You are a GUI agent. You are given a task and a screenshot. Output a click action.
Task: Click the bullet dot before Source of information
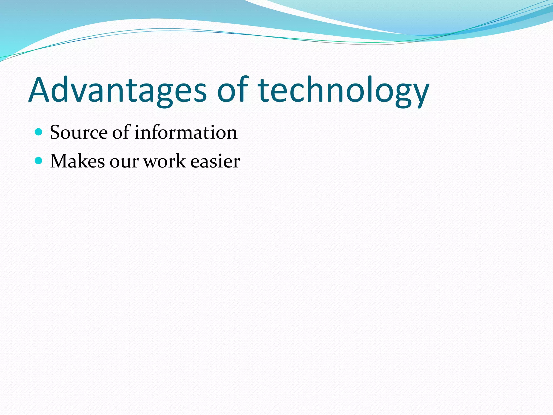click(x=39, y=132)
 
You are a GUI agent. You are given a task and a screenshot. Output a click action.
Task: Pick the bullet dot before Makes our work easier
click(x=39, y=161)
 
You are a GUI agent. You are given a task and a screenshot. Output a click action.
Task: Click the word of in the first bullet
click(x=121, y=132)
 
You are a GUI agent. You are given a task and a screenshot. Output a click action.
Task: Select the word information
click(x=186, y=132)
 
